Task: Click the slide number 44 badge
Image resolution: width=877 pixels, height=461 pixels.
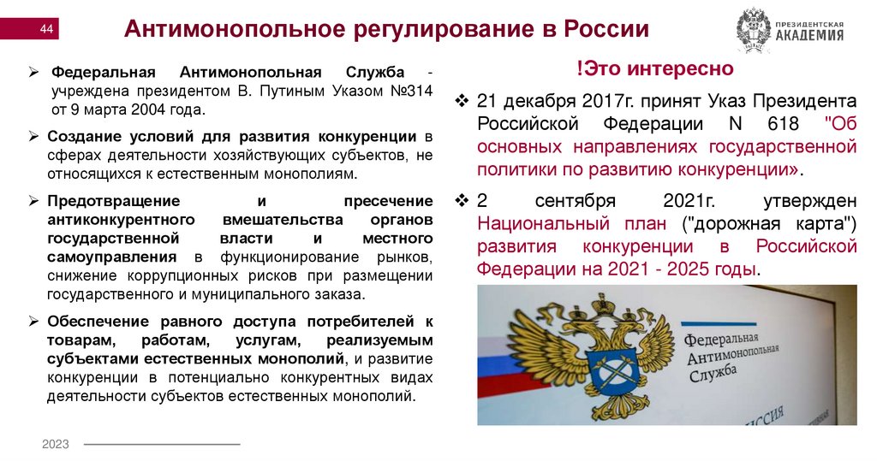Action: pyautogui.click(x=47, y=32)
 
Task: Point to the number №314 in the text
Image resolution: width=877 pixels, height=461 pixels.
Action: pyautogui.click(x=412, y=90)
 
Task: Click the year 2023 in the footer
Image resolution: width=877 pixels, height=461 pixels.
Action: pyautogui.click(x=56, y=445)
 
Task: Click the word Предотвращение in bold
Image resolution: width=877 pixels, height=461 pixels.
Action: pyautogui.click(x=113, y=199)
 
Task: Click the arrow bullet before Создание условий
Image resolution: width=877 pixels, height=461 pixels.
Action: pyautogui.click(x=34, y=136)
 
